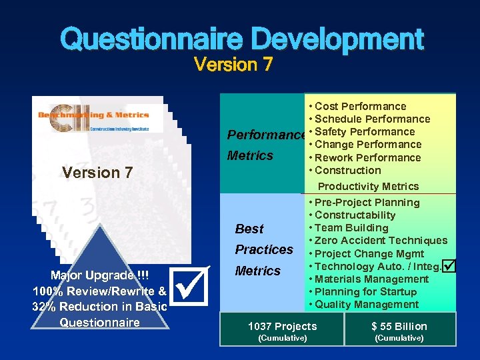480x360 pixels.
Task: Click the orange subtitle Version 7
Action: [x=233, y=65]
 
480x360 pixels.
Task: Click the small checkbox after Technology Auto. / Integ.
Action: [x=449, y=266]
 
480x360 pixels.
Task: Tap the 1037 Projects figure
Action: [x=282, y=326]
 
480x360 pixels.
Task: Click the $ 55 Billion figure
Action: [x=399, y=326]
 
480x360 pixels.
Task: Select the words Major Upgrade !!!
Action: [x=100, y=276]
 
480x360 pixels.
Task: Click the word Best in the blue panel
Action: [x=249, y=229]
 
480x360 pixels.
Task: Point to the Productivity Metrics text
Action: [x=368, y=186]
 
